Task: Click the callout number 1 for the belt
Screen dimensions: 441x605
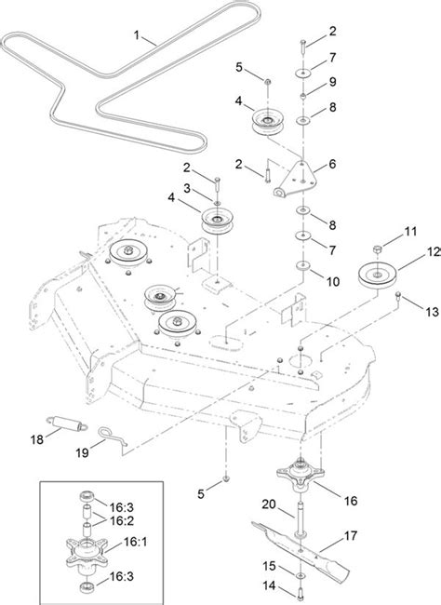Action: pos(136,35)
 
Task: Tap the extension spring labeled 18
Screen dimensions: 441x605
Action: pos(67,423)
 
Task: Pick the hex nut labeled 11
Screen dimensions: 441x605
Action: pos(378,249)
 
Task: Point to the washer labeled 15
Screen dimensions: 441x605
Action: pos(301,576)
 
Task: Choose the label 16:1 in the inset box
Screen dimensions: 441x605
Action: pos(136,542)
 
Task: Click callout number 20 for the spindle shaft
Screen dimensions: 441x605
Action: pos(269,504)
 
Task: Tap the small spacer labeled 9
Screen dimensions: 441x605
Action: pos(303,95)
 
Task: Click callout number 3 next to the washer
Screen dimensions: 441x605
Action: pos(187,189)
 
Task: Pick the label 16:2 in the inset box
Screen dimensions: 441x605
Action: pos(122,520)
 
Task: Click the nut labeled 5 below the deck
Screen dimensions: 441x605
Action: pos(226,478)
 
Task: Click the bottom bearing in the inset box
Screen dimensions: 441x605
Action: pos(87,588)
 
